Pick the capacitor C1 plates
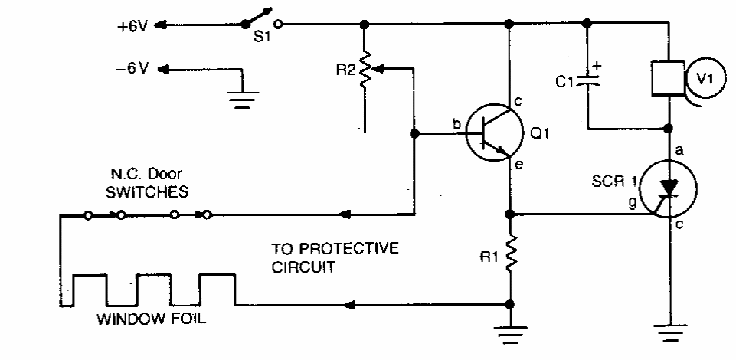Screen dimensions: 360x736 [x=587, y=78]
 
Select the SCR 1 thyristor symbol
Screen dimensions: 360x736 [x=669, y=188]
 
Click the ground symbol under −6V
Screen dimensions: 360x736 [x=243, y=99]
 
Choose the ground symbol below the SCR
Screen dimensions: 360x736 [x=669, y=331]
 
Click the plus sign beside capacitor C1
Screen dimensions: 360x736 [x=599, y=66]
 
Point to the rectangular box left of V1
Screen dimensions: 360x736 [x=666, y=77]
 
